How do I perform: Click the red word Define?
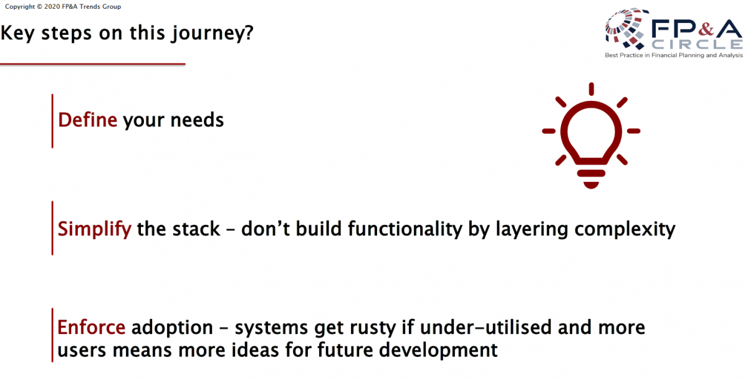click(x=87, y=120)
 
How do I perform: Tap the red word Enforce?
click(x=91, y=327)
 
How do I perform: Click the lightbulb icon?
click(x=591, y=135)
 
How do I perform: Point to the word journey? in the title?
click(x=213, y=34)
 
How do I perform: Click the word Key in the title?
click(x=17, y=34)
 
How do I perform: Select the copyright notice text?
click(x=63, y=7)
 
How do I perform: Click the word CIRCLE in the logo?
click(x=698, y=44)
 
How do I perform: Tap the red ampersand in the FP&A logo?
click(x=706, y=29)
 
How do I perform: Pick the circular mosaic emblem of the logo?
click(x=625, y=29)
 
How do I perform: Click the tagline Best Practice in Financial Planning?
click(x=674, y=55)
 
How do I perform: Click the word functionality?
click(x=405, y=229)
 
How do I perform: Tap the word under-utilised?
click(x=486, y=327)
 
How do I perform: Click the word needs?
click(x=197, y=121)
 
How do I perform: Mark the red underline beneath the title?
click(x=92, y=64)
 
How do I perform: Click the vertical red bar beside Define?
click(x=52, y=121)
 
